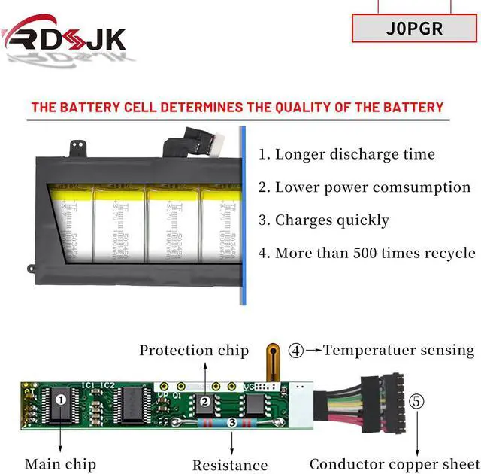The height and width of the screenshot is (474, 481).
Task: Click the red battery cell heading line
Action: (237, 107)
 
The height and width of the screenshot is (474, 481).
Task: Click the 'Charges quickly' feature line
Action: (323, 220)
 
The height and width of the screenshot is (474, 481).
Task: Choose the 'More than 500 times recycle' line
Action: (367, 253)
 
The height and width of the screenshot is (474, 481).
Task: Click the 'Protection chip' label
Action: (194, 350)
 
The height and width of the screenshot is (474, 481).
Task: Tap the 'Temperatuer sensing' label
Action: (399, 350)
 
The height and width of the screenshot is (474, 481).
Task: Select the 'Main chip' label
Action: (60, 464)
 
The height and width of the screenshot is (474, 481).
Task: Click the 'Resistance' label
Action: (230, 465)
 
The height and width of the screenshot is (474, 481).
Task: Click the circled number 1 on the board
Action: (60, 400)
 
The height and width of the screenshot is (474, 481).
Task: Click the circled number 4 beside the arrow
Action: (297, 350)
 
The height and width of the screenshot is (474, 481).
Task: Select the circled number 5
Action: (416, 401)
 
